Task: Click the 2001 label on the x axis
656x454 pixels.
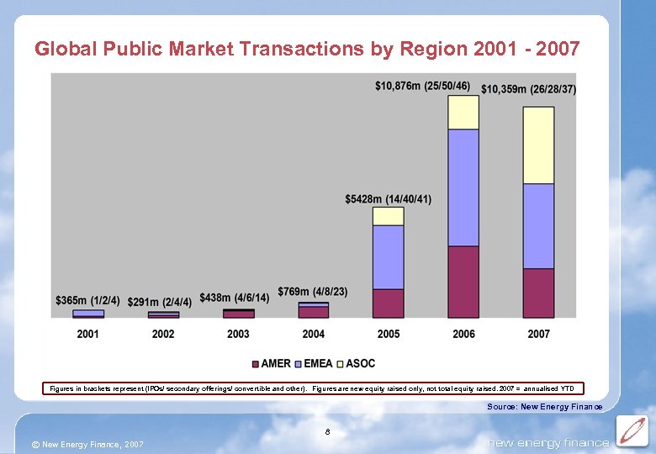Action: (x=88, y=335)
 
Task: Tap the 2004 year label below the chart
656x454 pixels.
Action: (x=313, y=335)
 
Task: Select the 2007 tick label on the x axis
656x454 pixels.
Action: (x=539, y=335)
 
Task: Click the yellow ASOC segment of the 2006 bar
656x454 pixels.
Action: (x=463, y=113)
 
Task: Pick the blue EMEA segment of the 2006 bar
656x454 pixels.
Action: (x=463, y=187)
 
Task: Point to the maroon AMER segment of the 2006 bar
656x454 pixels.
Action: (x=463, y=282)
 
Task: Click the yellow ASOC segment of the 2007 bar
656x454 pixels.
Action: (x=539, y=145)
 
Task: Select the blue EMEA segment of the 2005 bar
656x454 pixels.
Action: (x=389, y=256)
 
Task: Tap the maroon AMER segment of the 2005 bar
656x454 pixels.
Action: (x=389, y=303)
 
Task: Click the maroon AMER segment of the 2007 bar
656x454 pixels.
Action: (x=539, y=293)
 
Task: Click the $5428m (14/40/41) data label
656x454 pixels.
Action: (x=388, y=199)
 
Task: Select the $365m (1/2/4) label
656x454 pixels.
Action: (x=87, y=300)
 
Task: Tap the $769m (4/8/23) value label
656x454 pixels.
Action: (x=312, y=291)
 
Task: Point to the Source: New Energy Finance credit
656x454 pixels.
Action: (x=544, y=407)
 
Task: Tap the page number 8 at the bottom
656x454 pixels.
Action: (x=327, y=432)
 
